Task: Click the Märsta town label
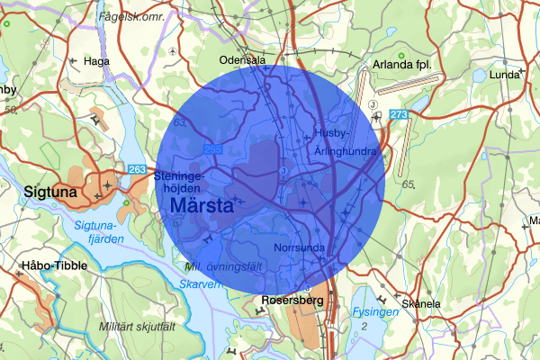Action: [202, 205]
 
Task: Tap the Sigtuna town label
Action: [40, 193]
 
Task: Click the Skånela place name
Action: [421, 303]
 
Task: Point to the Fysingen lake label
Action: [375, 311]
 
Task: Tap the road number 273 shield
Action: [399, 114]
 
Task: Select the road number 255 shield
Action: [212, 149]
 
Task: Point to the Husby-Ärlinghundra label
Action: [345, 142]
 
